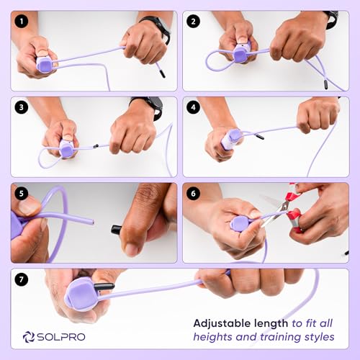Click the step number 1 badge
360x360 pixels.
22,22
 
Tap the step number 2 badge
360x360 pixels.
193,22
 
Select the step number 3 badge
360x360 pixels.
22,107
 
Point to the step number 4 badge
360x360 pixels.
193,107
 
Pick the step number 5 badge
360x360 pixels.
22,193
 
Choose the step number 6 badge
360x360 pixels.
193,193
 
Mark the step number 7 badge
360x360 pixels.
22,279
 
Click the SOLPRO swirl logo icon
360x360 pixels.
29,337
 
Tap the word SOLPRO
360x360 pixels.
61,337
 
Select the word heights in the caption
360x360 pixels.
213,337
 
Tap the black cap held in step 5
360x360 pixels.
117,230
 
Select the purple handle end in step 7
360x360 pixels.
80,294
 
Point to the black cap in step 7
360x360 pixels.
104,286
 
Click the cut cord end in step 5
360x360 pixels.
92,222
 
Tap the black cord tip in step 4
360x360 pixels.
260,137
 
